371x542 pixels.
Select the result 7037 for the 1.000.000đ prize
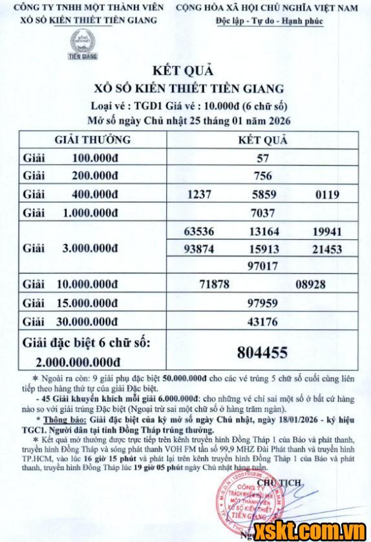262,213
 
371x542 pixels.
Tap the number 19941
326,231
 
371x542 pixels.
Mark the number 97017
262,266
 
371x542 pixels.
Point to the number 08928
311,284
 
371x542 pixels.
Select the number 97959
262,302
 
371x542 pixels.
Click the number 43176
262,320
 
